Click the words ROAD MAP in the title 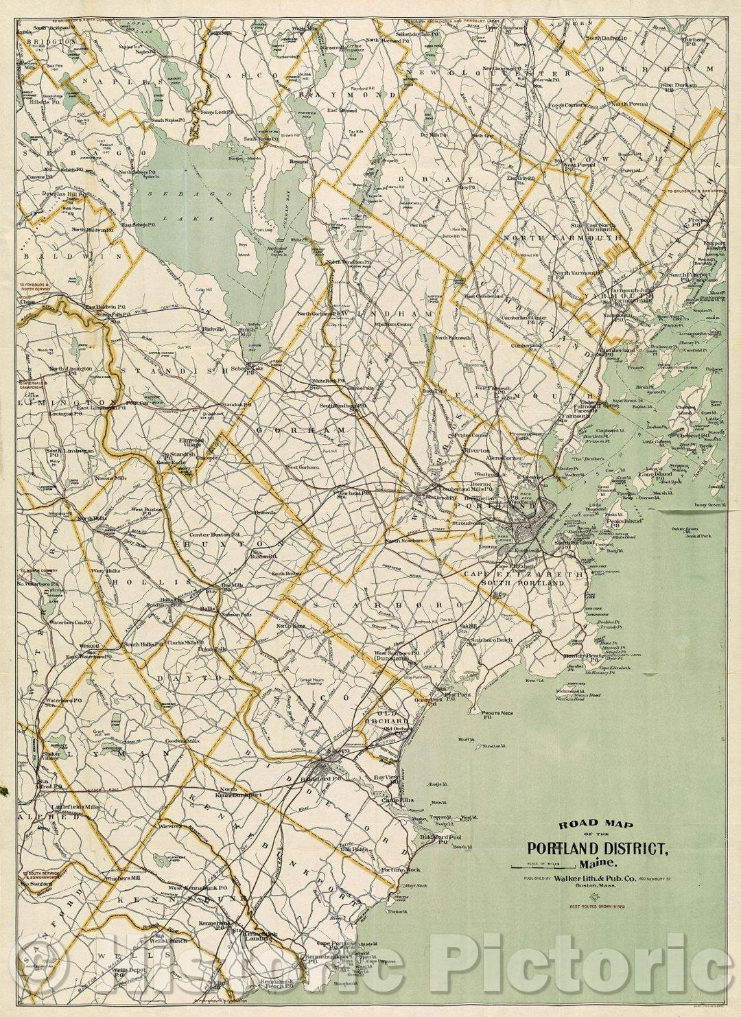point(587,824)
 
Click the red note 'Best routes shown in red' point(596,907)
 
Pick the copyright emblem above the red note point(596,896)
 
